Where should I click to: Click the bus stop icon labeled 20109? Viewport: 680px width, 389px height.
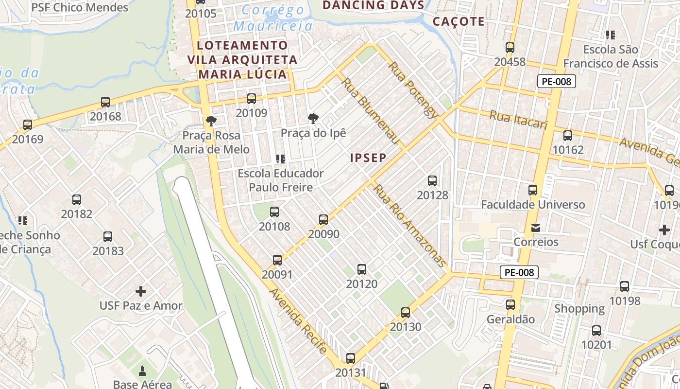click(x=252, y=99)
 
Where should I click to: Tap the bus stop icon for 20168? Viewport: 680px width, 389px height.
click(x=105, y=102)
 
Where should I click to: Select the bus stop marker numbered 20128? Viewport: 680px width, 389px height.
click(x=432, y=181)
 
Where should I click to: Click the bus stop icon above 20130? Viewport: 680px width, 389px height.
click(x=406, y=313)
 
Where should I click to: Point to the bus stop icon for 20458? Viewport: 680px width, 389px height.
click(x=510, y=48)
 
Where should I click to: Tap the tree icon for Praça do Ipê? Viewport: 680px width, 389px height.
click(x=313, y=118)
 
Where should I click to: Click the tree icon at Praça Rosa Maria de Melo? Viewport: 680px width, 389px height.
click(x=211, y=121)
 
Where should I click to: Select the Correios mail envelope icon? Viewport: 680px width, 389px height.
click(x=536, y=228)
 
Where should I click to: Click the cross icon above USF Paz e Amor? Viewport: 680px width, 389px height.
click(x=141, y=291)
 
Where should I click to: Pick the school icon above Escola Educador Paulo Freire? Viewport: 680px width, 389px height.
click(x=280, y=159)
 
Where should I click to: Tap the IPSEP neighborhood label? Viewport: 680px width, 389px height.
click(x=368, y=158)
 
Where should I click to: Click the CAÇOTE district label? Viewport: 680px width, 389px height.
click(x=459, y=21)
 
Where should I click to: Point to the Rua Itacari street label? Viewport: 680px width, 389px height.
click(x=518, y=120)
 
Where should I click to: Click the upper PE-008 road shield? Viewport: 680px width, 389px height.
click(x=556, y=81)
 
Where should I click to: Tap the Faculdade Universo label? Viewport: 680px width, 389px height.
click(x=533, y=204)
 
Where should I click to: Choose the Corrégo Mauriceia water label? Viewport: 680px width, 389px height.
click(x=273, y=18)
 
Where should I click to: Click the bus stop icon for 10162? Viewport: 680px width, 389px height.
click(x=568, y=135)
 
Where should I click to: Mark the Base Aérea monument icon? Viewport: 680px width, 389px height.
click(x=142, y=371)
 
